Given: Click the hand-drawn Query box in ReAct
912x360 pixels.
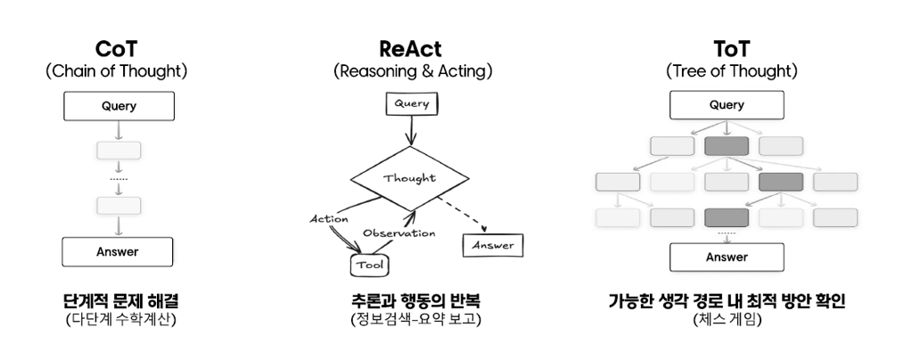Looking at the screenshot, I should click(x=411, y=103).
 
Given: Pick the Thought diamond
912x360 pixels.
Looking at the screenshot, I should click(x=409, y=177).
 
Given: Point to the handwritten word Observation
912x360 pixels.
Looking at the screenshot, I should click(x=398, y=233).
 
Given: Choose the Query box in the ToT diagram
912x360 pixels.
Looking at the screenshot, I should click(x=727, y=106).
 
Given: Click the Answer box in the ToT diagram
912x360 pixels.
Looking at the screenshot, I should click(x=727, y=258).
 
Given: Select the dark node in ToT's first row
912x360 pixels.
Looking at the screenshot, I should click(x=727, y=146).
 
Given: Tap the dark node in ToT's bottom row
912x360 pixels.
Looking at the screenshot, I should click(x=727, y=217).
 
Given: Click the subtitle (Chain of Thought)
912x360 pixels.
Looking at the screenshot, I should click(x=117, y=71).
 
